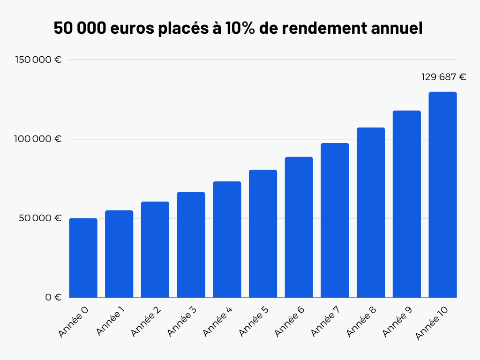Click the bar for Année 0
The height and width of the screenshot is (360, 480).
click(83, 258)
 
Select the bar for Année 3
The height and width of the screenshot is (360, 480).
click(191, 245)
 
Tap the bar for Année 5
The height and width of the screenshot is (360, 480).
click(262, 233)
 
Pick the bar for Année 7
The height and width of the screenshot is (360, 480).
click(335, 220)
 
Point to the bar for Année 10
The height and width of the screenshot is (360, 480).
click(442, 195)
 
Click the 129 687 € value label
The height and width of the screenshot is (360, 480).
click(443, 77)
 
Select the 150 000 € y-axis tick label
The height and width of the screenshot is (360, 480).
click(38, 60)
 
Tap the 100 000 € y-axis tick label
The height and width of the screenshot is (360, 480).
click(38, 139)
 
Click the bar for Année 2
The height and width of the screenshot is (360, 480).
click(155, 249)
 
